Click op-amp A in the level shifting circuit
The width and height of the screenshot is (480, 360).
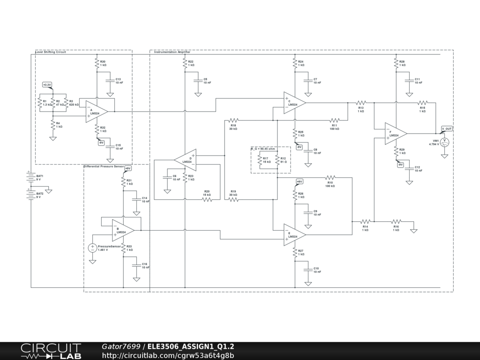pyautogui.click(x=96, y=112)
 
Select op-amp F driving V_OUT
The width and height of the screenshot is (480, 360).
pyautogui.click(x=395, y=134)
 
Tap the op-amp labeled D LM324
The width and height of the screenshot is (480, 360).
pyautogui.click(x=186, y=160)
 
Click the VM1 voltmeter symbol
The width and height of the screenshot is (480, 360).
pyautogui.click(x=446, y=142)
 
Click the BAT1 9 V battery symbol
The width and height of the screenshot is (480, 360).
pyautogui.click(x=31, y=178)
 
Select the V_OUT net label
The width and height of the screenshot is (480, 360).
pyautogui.click(x=447, y=128)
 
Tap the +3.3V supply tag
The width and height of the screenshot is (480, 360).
pyautogui.click(x=47, y=85)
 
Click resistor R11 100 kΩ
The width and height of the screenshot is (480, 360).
pyautogui.click(x=334, y=120)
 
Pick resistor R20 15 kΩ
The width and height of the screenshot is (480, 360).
pyautogui.click(x=207, y=199)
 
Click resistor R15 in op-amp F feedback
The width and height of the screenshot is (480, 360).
pyautogui.click(x=422, y=102)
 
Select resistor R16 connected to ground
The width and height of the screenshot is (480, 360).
pyautogui.click(x=396, y=221)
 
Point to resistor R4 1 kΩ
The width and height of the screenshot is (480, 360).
pyautogui.click(x=52, y=125)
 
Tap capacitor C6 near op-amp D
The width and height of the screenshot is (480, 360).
pyautogui.click(x=167, y=177)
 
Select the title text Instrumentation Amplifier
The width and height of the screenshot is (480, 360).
pyautogui.click(x=172, y=52)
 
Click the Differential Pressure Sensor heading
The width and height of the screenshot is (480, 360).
pyautogui.click(x=104, y=166)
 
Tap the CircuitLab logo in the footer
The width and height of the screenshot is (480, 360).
pyautogui.click(x=51, y=351)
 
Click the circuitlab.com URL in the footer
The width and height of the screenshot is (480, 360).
pyautogui.click(x=168, y=355)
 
